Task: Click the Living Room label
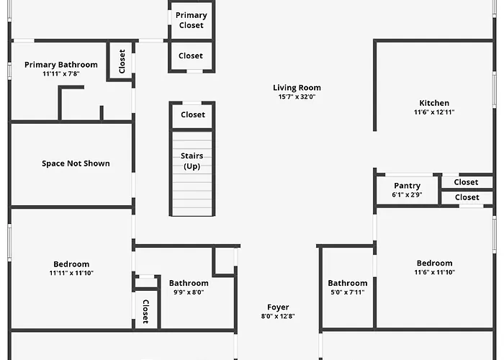(x=297, y=88)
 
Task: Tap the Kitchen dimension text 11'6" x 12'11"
(x=434, y=112)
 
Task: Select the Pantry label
(x=407, y=186)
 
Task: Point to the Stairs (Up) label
(x=192, y=161)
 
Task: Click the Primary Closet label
(x=192, y=20)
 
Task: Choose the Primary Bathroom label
(x=61, y=65)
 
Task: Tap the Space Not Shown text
(x=76, y=163)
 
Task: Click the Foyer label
(x=278, y=307)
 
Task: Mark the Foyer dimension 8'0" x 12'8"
(x=278, y=316)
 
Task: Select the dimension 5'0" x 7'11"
(x=348, y=292)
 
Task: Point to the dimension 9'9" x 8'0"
(x=189, y=292)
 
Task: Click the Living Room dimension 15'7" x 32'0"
(x=297, y=96)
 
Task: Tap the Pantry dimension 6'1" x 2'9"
(x=407, y=194)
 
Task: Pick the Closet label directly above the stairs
(x=193, y=114)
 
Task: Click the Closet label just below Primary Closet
(x=191, y=55)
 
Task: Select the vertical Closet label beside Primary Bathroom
(x=122, y=61)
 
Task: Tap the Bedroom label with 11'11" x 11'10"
(x=71, y=264)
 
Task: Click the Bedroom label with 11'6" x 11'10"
(x=435, y=264)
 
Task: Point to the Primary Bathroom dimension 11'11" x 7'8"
(x=61, y=73)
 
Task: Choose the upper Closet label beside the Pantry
(x=466, y=182)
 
